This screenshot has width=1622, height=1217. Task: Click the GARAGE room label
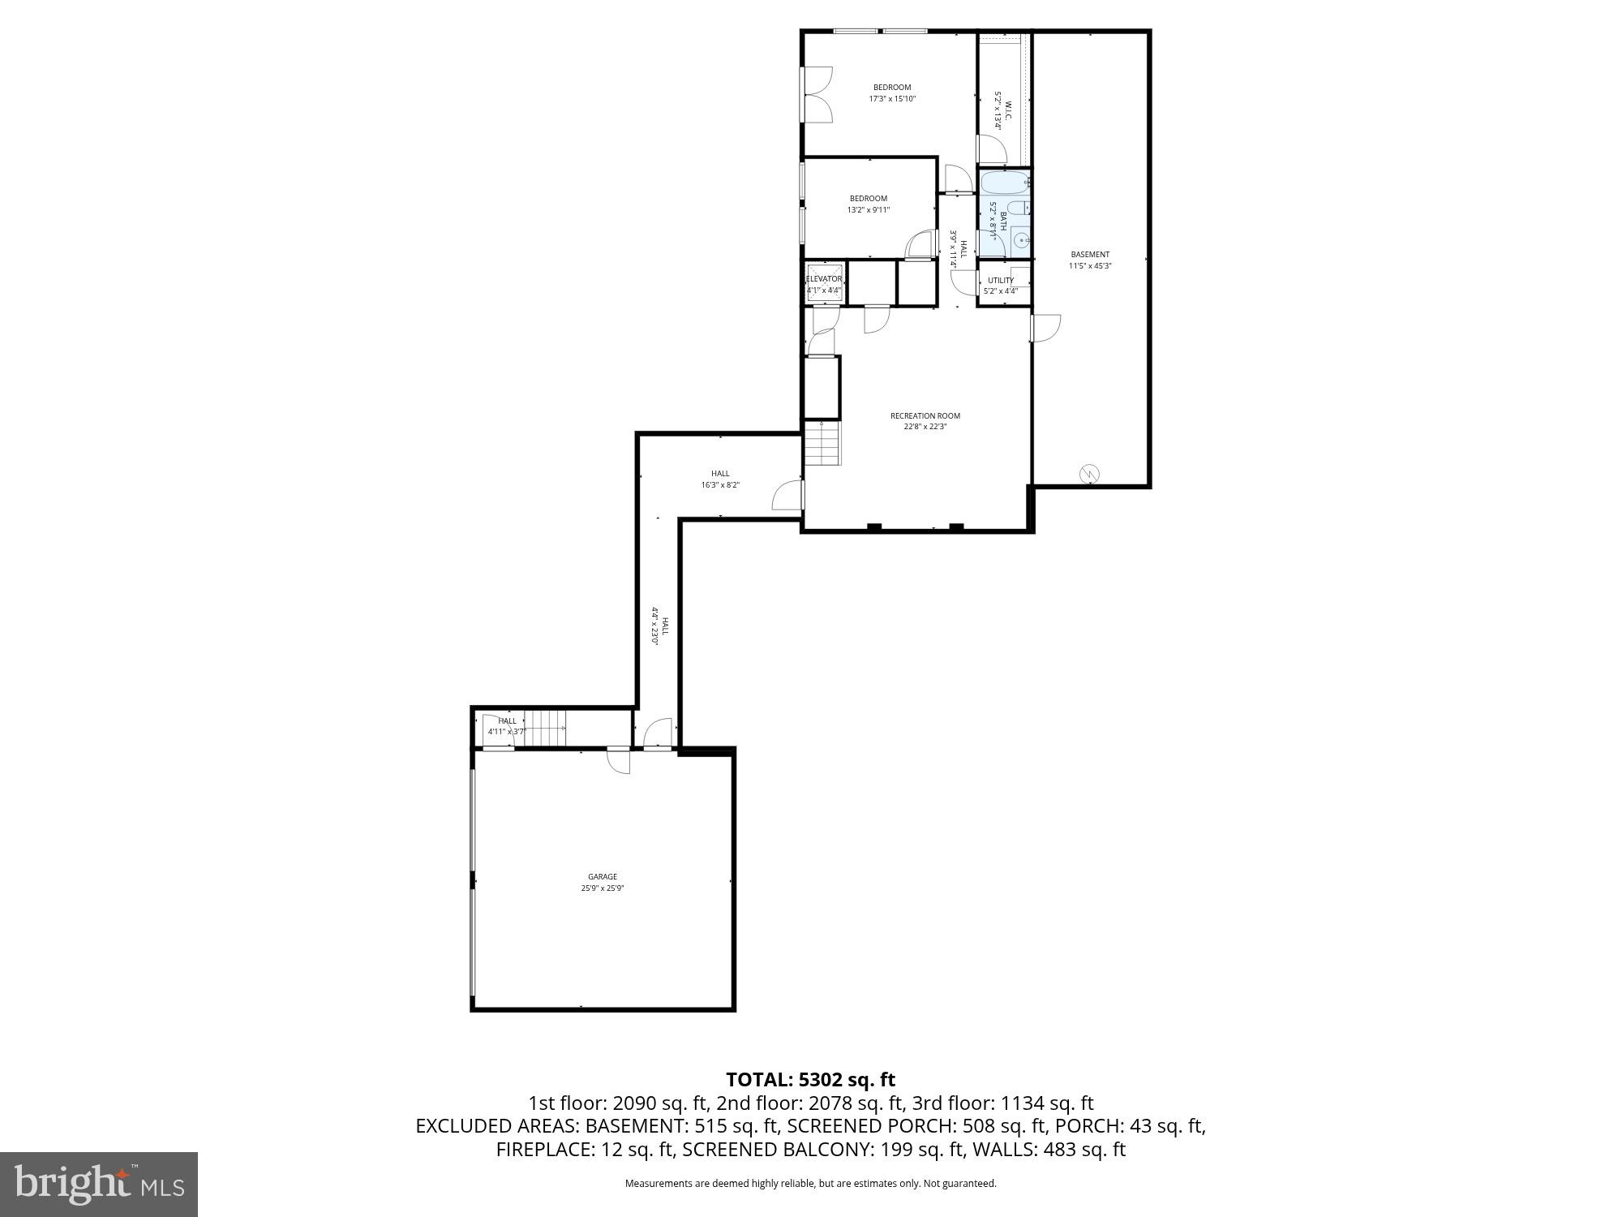coord(603,876)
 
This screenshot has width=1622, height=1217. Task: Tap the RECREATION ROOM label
coord(925,415)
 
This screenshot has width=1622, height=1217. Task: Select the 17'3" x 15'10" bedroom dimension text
coord(892,99)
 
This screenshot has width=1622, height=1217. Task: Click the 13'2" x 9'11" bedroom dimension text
coord(869,209)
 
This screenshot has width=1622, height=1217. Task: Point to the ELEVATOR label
coord(824,279)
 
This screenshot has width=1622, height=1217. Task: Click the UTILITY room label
coord(1001,281)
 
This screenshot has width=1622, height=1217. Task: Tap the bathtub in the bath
coord(1004,182)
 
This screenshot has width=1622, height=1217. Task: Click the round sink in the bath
coord(1022,240)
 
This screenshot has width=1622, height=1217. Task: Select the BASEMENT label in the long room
coord(1089,254)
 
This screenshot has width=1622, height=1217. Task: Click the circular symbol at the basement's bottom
coord(1091,473)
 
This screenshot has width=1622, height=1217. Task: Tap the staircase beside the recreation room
coord(822,443)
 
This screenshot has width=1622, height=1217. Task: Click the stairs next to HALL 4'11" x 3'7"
coord(544,728)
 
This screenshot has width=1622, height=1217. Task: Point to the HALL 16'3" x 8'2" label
coord(720,474)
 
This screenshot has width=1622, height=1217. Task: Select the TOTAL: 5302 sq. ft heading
coord(810,1080)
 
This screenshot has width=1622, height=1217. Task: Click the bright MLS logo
coord(99,1185)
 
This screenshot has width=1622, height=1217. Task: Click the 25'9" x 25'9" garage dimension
coord(603,888)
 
